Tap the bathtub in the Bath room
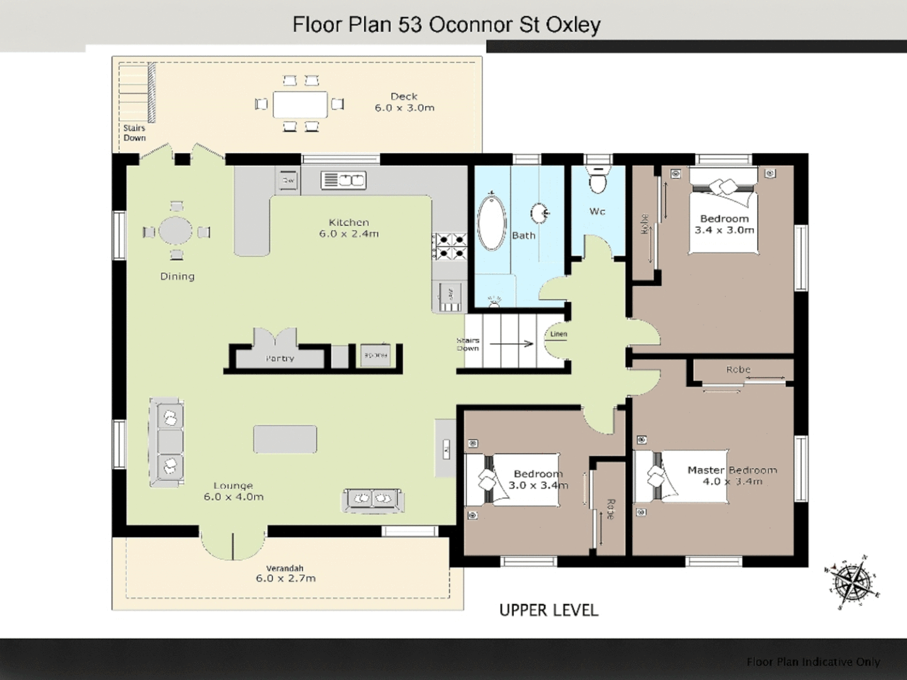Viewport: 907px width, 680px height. (492, 224)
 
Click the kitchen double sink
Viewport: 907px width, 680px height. (343, 180)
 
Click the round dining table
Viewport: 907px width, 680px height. (176, 230)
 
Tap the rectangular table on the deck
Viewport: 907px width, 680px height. (300, 105)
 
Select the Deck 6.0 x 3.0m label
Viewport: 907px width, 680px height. (404, 102)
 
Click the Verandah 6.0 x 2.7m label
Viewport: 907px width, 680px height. (285, 574)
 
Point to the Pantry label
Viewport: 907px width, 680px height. (280, 358)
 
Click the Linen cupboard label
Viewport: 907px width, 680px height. (559, 334)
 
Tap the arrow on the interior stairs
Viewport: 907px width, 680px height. (511, 344)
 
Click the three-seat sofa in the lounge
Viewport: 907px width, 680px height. (168, 442)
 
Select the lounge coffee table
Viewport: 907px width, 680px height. (285, 439)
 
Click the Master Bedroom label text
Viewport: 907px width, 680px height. (732, 470)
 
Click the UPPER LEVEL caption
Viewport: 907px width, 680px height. (549, 610)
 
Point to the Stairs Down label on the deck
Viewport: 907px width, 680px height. (134, 133)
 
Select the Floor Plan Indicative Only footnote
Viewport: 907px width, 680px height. (813, 662)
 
